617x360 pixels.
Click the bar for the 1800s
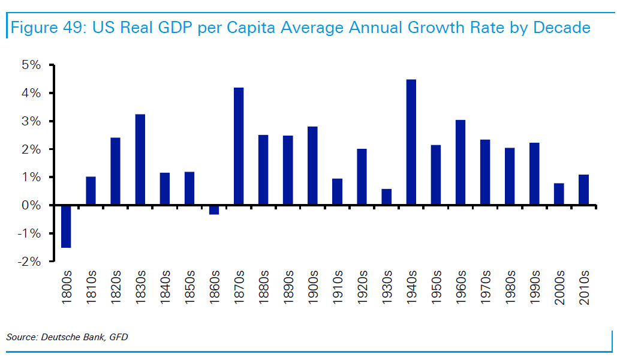point(66,226)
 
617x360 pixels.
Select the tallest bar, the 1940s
point(411,142)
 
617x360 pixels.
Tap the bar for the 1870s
point(239,146)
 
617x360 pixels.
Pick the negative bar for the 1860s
point(214,209)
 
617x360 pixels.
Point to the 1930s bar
point(387,197)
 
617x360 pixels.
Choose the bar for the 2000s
point(559,194)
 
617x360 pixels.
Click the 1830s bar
point(140,160)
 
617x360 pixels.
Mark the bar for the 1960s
point(461,163)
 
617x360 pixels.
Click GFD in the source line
point(118,337)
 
